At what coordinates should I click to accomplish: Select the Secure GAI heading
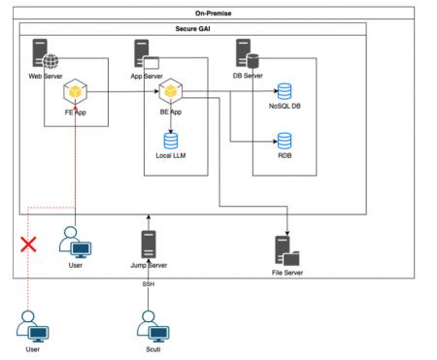[x=192, y=30]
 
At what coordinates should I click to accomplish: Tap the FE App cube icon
[x=76, y=93]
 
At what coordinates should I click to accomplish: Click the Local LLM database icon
[x=171, y=140]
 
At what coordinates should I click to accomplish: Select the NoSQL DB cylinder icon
[x=285, y=92]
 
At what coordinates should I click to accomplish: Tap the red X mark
[x=29, y=244]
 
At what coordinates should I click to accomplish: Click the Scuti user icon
[x=149, y=325]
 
